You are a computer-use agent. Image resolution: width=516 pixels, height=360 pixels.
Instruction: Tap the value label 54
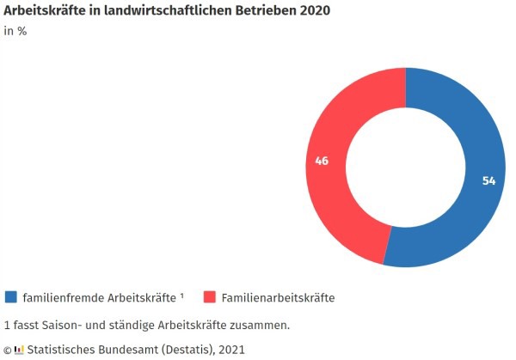pyautogui.click(x=488, y=181)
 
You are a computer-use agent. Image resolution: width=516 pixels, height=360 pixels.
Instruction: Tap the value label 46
pyautogui.click(x=322, y=161)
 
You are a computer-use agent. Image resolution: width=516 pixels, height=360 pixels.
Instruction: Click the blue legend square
pyautogui.click(x=11, y=297)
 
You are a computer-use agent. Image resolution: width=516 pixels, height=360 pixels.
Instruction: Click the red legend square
pyautogui.click(x=209, y=297)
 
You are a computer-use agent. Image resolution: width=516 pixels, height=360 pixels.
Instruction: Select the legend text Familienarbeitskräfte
pyautogui.click(x=278, y=298)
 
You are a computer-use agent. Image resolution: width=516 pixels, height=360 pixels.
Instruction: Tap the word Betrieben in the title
pyautogui.click(x=261, y=11)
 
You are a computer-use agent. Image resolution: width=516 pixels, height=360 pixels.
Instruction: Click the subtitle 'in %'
pyautogui.click(x=15, y=33)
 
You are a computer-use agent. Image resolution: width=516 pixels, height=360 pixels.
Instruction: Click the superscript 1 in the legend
pyautogui.click(x=182, y=296)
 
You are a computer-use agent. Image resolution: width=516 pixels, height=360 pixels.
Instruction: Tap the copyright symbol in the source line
pyautogui.click(x=7, y=350)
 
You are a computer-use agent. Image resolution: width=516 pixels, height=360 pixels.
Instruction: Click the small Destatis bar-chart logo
pyautogui.click(x=19, y=350)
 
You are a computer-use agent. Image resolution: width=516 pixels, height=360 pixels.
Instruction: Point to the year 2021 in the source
pyautogui.click(x=231, y=350)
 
